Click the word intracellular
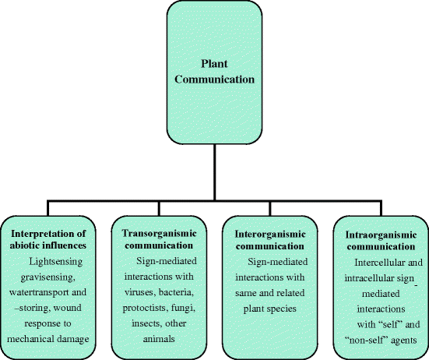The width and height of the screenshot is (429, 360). click(x=368, y=277)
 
